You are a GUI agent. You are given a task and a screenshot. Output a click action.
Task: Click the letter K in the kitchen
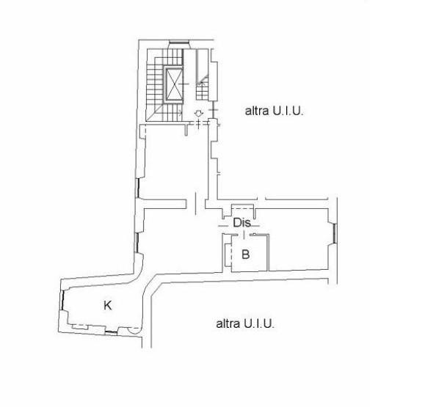click(108, 306)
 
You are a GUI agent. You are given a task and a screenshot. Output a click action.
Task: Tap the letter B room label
click(246, 254)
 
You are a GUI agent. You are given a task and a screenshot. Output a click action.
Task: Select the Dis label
click(241, 223)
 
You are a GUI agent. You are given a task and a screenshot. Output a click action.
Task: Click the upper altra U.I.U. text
click(274, 111)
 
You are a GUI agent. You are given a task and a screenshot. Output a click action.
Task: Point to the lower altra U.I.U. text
click(245, 323)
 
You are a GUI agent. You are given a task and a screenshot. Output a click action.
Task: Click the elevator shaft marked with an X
click(174, 84)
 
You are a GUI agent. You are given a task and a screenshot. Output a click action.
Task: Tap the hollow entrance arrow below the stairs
click(199, 114)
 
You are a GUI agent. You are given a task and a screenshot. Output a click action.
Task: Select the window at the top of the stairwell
click(179, 42)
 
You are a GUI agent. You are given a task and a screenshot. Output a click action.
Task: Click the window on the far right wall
click(334, 233)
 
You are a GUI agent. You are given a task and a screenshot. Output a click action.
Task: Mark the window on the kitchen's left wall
click(64, 301)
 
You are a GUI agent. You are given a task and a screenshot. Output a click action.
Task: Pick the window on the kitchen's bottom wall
click(112, 331)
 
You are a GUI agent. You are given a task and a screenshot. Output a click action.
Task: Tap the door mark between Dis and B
click(244, 235)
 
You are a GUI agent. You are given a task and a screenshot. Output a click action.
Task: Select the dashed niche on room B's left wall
click(228, 254)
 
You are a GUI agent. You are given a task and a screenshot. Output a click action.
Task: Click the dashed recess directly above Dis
click(242, 207)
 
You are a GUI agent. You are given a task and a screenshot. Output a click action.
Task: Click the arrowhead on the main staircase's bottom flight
click(181, 112)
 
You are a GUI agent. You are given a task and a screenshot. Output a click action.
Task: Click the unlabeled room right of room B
click(298, 239)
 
